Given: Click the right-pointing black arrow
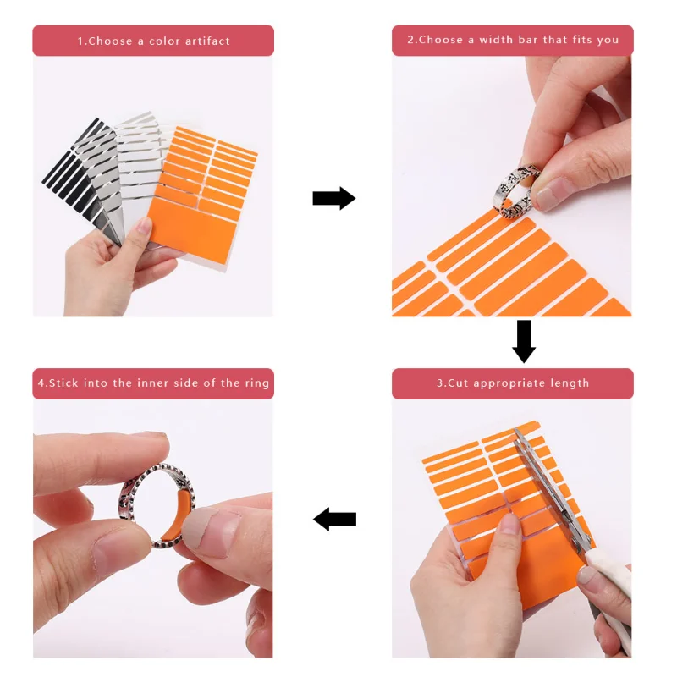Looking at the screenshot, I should point(333,199).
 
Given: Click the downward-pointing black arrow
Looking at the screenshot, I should point(524,340).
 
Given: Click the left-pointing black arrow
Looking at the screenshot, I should point(335,519).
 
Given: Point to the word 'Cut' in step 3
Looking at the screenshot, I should point(458,383).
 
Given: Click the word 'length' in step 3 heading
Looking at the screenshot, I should point(569,383).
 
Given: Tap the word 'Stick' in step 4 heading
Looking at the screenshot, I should point(63,383).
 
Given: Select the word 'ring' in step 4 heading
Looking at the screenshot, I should point(257,383).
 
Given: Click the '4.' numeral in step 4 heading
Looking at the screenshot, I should point(42,383).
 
